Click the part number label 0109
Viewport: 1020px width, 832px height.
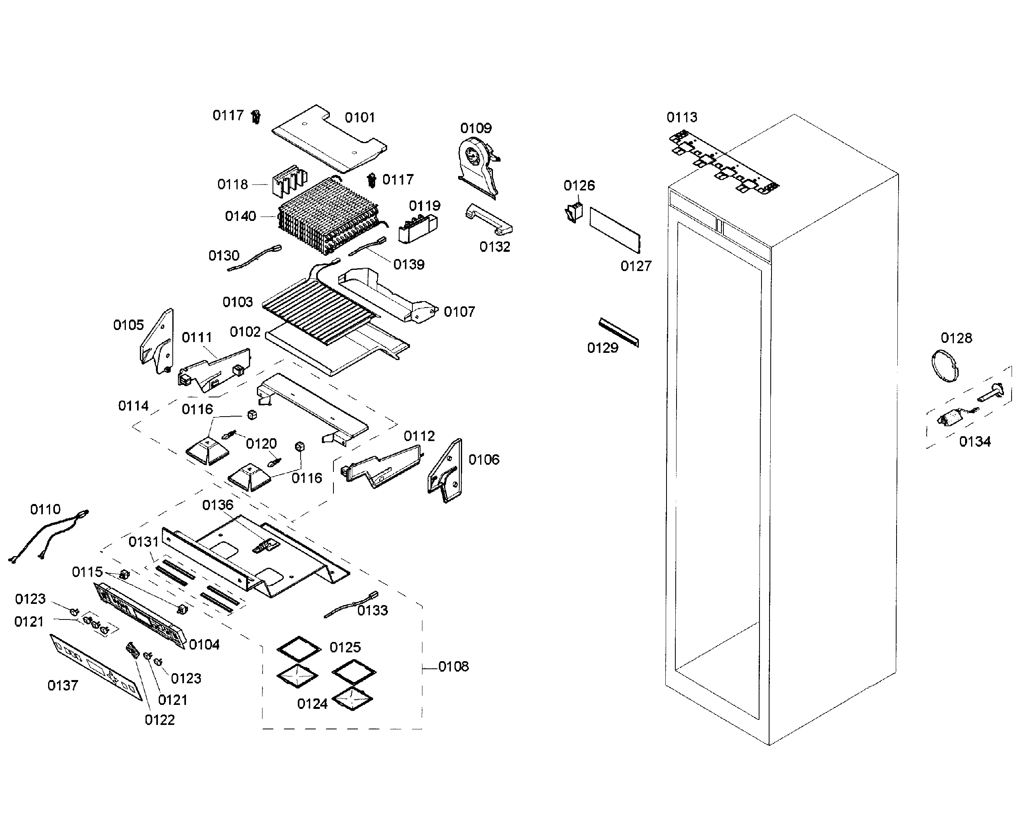point(475,128)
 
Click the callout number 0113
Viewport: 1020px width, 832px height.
point(681,117)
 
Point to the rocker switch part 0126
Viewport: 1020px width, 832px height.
point(573,213)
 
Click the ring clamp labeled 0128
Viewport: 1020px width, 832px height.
point(944,366)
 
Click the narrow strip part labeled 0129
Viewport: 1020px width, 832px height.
point(618,332)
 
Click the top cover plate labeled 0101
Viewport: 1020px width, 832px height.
point(329,139)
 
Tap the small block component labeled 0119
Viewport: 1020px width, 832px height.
point(418,229)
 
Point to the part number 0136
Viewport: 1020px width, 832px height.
point(218,505)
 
